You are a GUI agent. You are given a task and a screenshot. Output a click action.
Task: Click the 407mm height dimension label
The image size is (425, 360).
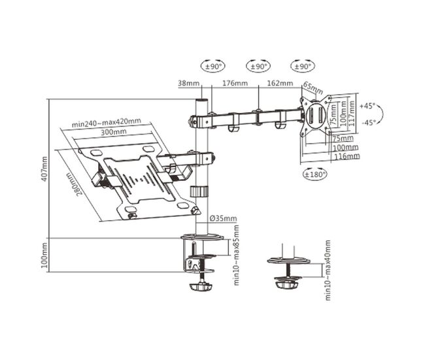pyautogui.click(x=44, y=169)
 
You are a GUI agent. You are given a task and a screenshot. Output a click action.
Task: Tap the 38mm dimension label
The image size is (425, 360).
pyautogui.click(x=189, y=83)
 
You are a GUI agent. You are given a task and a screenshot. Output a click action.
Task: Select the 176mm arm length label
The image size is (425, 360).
pyautogui.click(x=235, y=83)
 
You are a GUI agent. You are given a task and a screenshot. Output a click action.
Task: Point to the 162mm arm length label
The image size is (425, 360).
pyautogui.click(x=280, y=83)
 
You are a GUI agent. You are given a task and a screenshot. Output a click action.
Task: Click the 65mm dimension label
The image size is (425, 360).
pyautogui.click(x=313, y=88)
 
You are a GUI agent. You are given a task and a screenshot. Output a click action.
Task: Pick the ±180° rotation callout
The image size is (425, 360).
pyautogui.click(x=314, y=174)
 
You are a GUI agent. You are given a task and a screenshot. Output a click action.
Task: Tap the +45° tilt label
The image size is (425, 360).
pyautogui.click(x=367, y=106)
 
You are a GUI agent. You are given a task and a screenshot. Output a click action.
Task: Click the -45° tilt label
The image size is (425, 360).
pyautogui.click(x=369, y=122)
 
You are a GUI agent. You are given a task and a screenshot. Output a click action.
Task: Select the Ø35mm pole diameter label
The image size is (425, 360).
pyautogui.click(x=224, y=218)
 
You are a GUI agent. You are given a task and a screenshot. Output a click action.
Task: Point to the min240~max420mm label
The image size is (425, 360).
pyautogui.click(x=106, y=122)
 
